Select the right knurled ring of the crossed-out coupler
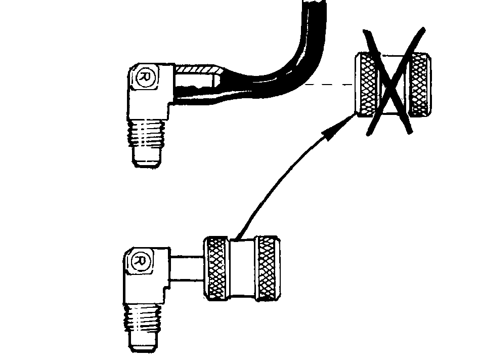coord(420,85)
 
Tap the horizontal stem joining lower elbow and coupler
coord(187,268)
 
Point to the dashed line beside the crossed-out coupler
coord(330,85)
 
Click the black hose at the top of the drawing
coord(314,18)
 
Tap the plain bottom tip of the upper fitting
coord(147,157)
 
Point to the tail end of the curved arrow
coord(238,238)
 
